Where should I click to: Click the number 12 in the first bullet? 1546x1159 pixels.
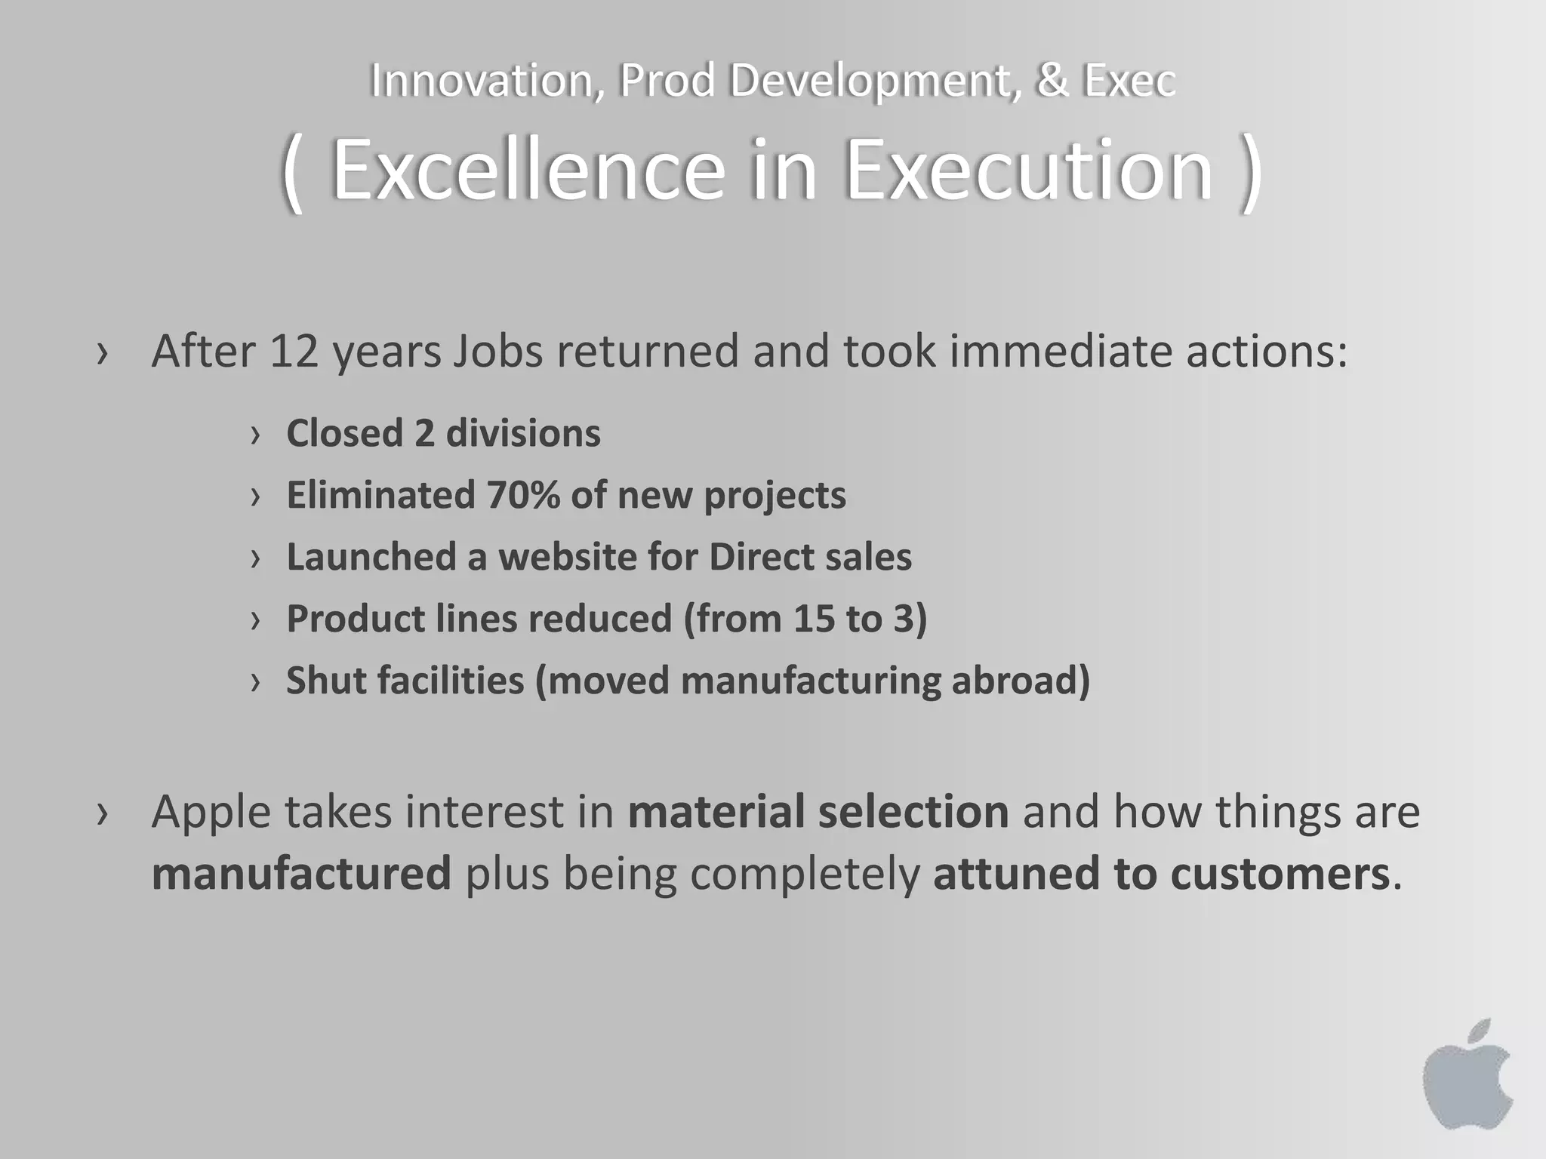pos(294,352)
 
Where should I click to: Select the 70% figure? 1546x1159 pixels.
pos(522,496)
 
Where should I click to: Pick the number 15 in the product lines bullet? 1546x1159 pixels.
pos(814,619)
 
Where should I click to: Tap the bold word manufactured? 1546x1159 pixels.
pos(301,874)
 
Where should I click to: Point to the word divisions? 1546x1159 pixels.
pos(523,434)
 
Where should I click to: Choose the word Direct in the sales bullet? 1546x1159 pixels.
pos(760,558)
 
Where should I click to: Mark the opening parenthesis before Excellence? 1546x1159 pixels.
pos(293,174)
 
